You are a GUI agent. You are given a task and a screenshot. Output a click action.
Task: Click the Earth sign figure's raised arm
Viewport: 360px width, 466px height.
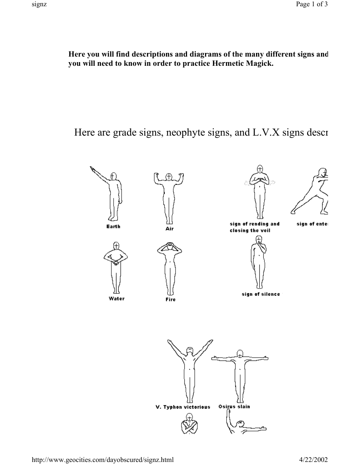point(100,174)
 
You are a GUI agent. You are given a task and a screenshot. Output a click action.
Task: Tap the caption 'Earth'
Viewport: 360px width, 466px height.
point(114,226)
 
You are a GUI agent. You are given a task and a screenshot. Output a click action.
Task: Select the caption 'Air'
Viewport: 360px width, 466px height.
point(169,229)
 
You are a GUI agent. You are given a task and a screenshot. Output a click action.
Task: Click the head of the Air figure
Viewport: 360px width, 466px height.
point(169,177)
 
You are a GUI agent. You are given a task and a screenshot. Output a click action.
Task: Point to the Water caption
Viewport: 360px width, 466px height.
point(116,298)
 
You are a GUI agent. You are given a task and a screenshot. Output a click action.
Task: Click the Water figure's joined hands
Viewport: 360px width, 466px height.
point(116,262)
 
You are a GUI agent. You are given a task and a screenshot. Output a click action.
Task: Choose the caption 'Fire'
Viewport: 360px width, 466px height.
point(170,300)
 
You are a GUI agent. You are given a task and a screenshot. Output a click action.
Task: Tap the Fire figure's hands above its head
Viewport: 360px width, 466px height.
point(170,244)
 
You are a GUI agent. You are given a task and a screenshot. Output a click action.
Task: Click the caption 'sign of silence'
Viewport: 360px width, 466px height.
point(261,294)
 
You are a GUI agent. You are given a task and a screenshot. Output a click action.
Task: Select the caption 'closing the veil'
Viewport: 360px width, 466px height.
point(250,230)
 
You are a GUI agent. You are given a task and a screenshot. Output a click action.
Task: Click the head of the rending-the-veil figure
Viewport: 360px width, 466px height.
point(260,169)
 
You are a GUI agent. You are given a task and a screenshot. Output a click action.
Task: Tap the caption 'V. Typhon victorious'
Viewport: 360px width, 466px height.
point(183,407)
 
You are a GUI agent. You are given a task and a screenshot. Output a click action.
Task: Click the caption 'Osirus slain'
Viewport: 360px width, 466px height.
point(234,406)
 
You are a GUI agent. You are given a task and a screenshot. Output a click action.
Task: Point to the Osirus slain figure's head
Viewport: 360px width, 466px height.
point(240,354)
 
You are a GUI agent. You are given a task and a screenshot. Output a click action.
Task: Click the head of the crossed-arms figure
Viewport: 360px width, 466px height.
point(190,417)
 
